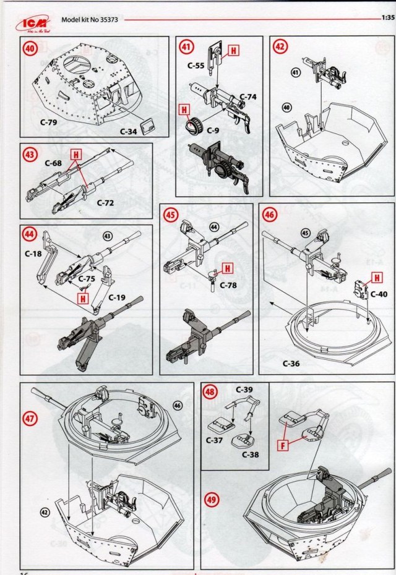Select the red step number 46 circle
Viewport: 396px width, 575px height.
[x=270, y=214]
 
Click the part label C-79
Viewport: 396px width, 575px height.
[x=48, y=122]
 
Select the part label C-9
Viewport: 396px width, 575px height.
[x=213, y=131]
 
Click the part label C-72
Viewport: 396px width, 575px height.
[x=107, y=202]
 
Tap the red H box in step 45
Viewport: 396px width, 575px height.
[x=227, y=268]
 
